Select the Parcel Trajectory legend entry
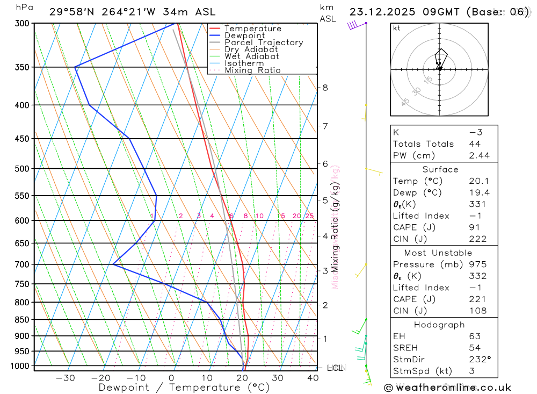click(x=264, y=42)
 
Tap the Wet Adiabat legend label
click(x=252, y=56)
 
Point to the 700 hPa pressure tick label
click(x=22, y=264)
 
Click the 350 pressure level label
click(x=22, y=67)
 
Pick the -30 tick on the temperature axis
click(x=65, y=378)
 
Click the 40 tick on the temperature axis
click(x=313, y=378)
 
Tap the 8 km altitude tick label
click(x=325, y=88)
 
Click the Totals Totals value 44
click(x=475, y=144)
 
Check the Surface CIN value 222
click(x=477, y=239)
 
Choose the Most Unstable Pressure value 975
click(x=477, y=264)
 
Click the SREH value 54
click(x=475, y=348)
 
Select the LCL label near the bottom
click(x=335, y=368)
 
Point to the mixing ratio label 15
click(x=281, y=216)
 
